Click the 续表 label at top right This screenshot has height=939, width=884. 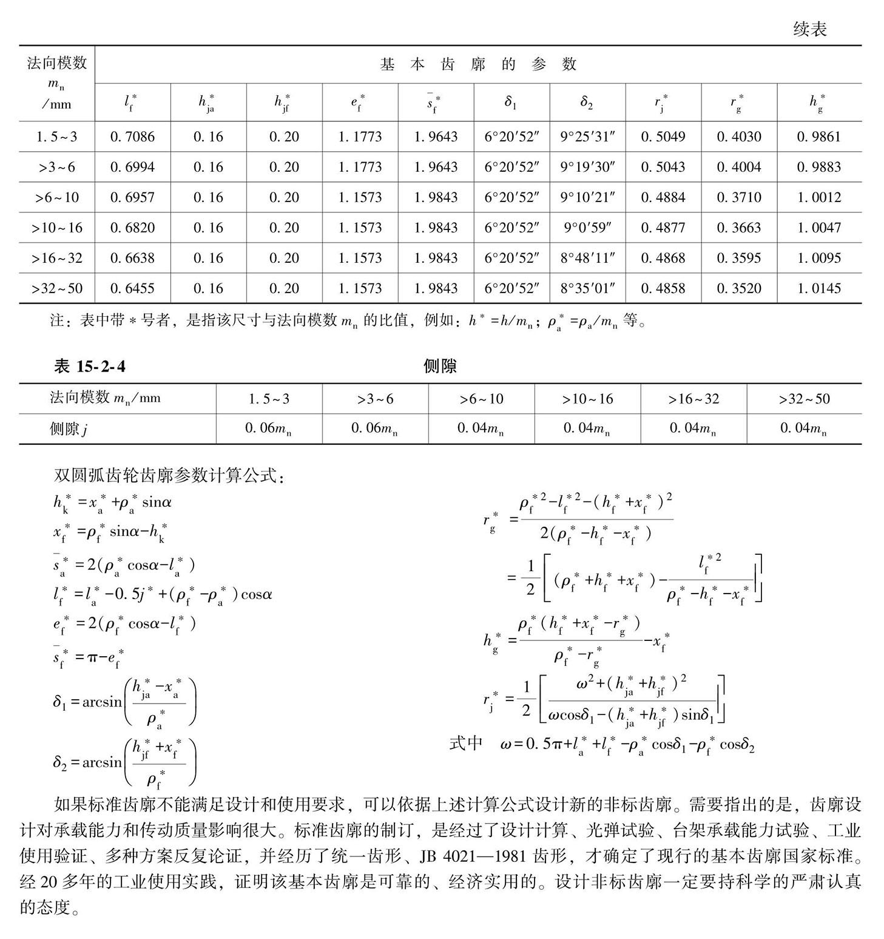[809, 29]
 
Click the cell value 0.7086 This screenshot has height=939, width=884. [132, 137]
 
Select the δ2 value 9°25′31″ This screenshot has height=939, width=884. [587, 137]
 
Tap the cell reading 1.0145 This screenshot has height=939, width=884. [818, 288]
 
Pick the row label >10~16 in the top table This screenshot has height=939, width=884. [57, 228]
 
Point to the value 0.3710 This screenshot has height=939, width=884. [738, 197]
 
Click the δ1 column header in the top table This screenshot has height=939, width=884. [511, 102]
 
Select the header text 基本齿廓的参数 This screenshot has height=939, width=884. [478, 64]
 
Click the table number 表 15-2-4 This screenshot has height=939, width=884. [90, 366]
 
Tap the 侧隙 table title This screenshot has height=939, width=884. [440, 366]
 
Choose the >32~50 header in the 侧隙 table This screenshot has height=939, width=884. [804, 399]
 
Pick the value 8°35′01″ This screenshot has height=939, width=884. [587, 288]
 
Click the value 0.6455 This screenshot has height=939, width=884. [132, 288]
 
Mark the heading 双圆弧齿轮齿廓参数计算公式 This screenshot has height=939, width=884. [169, 475]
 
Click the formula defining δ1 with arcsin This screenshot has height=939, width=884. [124, 702]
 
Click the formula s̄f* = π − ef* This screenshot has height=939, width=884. [89, 657]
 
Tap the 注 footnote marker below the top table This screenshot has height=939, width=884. [57, 320]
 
